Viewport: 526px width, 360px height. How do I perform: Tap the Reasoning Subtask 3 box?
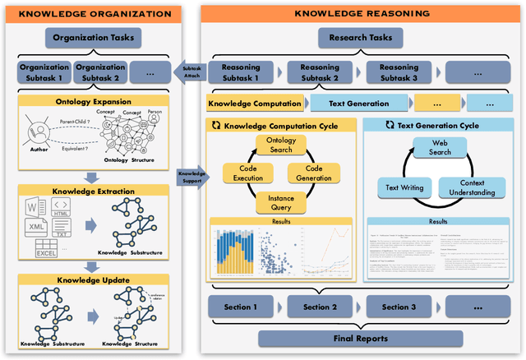pos(401,72)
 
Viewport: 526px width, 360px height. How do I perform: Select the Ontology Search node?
pos(282,145)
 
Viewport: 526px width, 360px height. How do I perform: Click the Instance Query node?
pos(282,202)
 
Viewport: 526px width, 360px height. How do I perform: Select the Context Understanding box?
pos(471,187)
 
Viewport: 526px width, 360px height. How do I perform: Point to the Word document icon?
pos(36,206)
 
